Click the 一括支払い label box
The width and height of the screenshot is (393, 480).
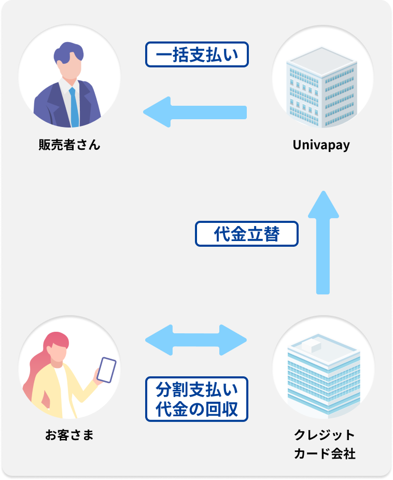(197, 54)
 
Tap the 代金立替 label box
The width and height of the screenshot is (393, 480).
(247, 234)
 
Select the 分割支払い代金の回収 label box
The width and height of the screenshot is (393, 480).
(197, 399)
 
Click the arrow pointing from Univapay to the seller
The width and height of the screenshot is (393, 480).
(195, 112)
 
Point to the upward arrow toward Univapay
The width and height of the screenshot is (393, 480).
(323, 243)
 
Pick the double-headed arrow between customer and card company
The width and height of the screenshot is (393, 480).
(196, 340)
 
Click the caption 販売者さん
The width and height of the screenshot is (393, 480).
(69, 145)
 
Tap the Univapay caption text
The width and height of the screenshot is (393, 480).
(321, 145)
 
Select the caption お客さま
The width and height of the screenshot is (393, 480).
(69, 435)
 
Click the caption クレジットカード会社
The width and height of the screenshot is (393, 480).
(325, 444)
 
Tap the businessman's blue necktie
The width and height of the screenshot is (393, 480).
(74, 107)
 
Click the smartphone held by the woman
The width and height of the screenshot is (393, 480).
(106, 370)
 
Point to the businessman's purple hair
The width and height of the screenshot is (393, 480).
(68, 53)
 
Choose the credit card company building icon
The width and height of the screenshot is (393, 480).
(324, 375)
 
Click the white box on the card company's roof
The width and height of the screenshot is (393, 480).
(312, 345)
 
